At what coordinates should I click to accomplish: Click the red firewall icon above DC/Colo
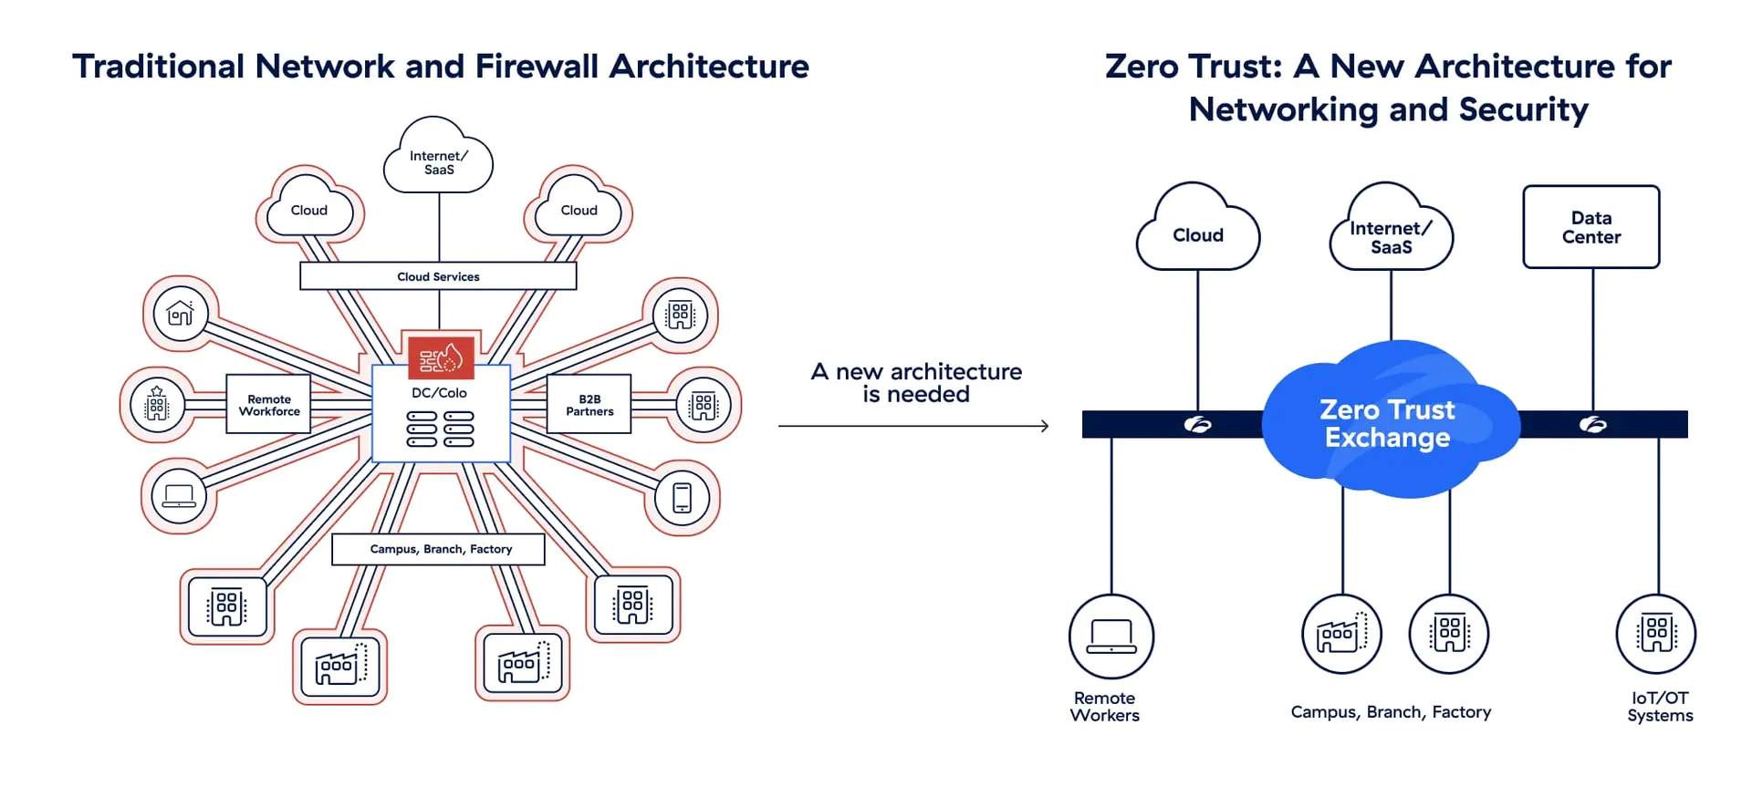[441, 357]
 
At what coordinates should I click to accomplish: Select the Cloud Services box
[438, 276]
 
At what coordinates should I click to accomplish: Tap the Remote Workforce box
[268, 404]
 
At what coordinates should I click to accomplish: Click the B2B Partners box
[589, 404]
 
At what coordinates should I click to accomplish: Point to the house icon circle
[181, 314]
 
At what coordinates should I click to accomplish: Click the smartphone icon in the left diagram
[682, 498]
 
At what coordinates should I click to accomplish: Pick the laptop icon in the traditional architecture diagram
[179, 496]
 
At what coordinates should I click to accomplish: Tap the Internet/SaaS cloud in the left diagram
[439, 160]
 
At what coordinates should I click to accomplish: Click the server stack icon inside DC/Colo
[440, 429]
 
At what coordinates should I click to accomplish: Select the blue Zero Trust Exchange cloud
[1388, 423]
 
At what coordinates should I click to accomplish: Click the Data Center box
[1590, 227]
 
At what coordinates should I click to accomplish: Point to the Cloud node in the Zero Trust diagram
[1198, 233]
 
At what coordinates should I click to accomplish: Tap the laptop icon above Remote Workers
[1111, 636]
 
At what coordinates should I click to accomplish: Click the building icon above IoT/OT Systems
[1655, 633]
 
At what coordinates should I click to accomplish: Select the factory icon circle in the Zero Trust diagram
[1341, 633]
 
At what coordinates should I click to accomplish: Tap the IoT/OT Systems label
[1659, 707]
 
